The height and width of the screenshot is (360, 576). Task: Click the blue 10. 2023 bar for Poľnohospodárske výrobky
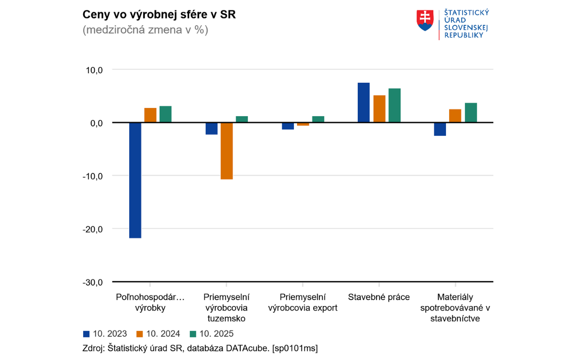point(135,180)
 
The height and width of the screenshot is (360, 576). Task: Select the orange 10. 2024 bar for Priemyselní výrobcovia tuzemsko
point(227,151)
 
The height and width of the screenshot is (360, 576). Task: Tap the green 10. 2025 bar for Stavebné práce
point(395,105)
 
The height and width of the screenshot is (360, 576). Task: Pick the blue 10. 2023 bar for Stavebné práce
point(364,103)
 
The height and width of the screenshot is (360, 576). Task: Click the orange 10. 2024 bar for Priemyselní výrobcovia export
point(303,124)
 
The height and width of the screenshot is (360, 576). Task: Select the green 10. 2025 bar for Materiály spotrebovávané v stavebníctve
point(471,112)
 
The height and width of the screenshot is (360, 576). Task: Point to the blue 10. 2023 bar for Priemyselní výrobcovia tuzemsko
point(211,128)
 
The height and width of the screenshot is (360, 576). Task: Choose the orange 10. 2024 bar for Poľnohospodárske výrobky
point(150,115)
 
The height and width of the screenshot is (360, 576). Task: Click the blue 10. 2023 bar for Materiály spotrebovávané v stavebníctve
point(440,129)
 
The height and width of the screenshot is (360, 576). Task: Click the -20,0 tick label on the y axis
point(92,229)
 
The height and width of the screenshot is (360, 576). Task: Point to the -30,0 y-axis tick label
point(92,282)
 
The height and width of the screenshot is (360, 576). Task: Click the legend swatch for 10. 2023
point(86,334)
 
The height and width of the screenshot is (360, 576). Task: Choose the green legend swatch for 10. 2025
point(193,334)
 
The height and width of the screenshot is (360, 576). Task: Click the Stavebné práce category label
point(378,297)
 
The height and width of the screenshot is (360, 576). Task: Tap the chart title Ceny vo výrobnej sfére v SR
point(159,15)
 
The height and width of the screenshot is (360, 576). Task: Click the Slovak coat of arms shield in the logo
point(424,21)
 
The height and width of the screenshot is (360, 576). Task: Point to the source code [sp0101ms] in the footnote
point(295,348)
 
